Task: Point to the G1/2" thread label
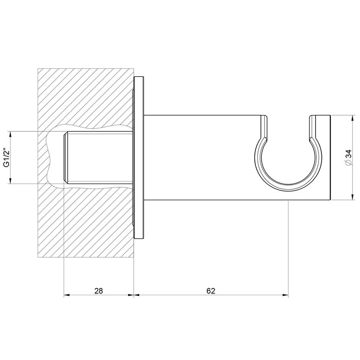coord(6,158)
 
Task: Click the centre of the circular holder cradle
coord(288,163)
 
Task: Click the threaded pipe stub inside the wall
coord(97,158)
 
